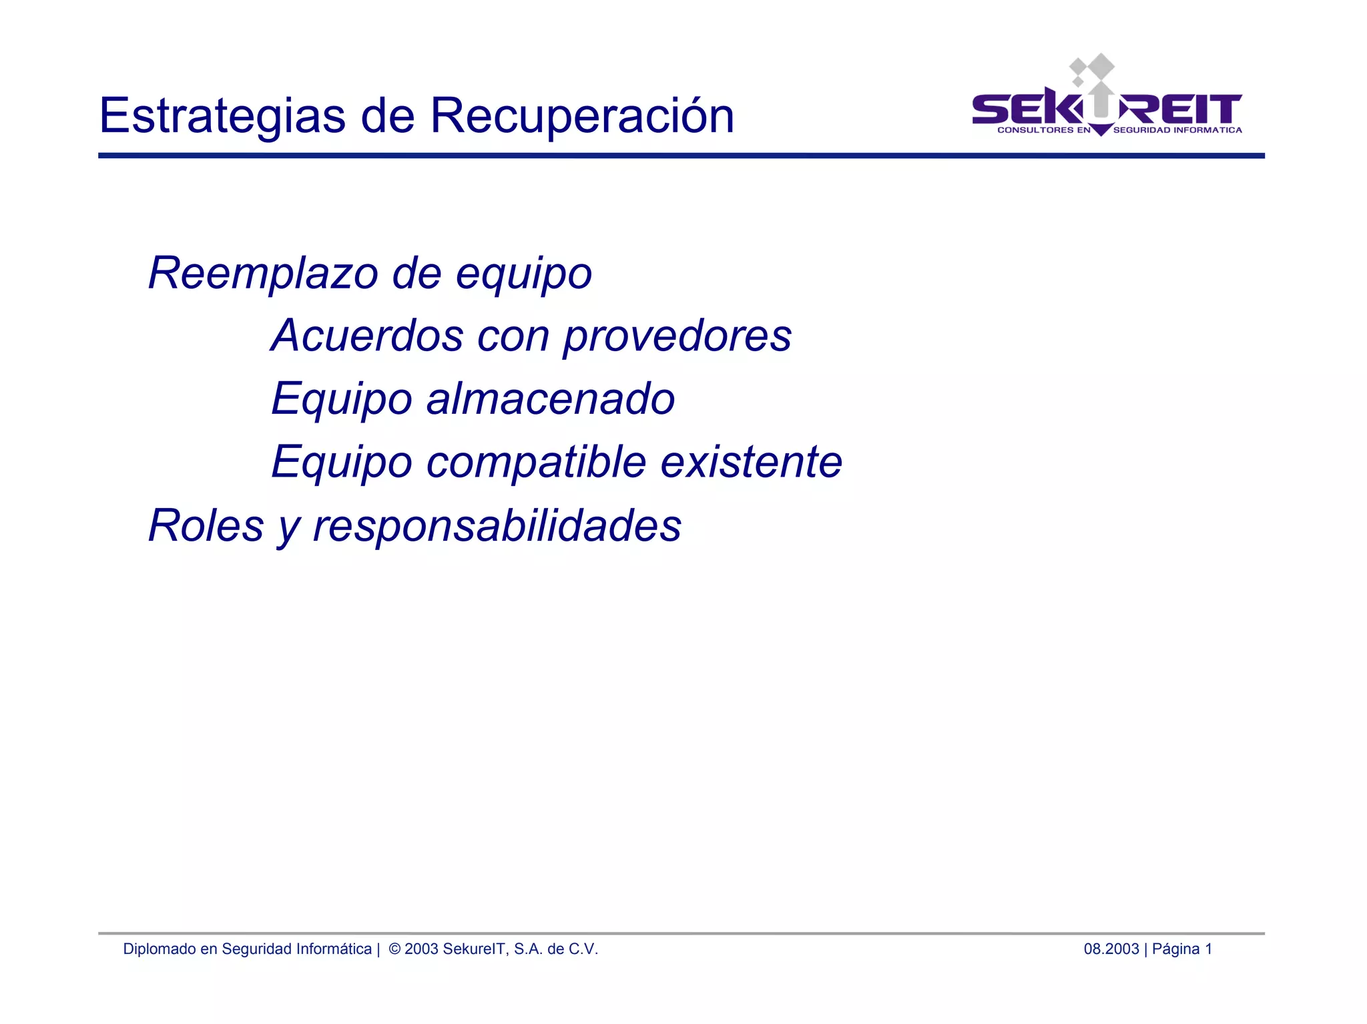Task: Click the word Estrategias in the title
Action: point(222,116)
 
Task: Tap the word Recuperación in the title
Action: point(581,116)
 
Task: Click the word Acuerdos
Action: point(367,335)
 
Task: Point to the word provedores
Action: point(677,336)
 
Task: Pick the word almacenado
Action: point(551,399)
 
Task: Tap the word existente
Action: point(752,462)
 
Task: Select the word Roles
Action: point(206,525)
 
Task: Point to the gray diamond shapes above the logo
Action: point(1092,71)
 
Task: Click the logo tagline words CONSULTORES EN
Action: point(1043,130)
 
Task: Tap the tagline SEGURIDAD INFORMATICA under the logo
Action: point(1177,130)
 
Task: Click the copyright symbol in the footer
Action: point(394,949)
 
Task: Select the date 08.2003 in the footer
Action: point(1111,949)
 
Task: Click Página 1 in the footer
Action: point(1181,949)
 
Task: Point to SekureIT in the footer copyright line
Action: point(475,949)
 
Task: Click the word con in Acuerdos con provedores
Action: point(513,336)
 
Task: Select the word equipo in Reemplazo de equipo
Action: point(524,274)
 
